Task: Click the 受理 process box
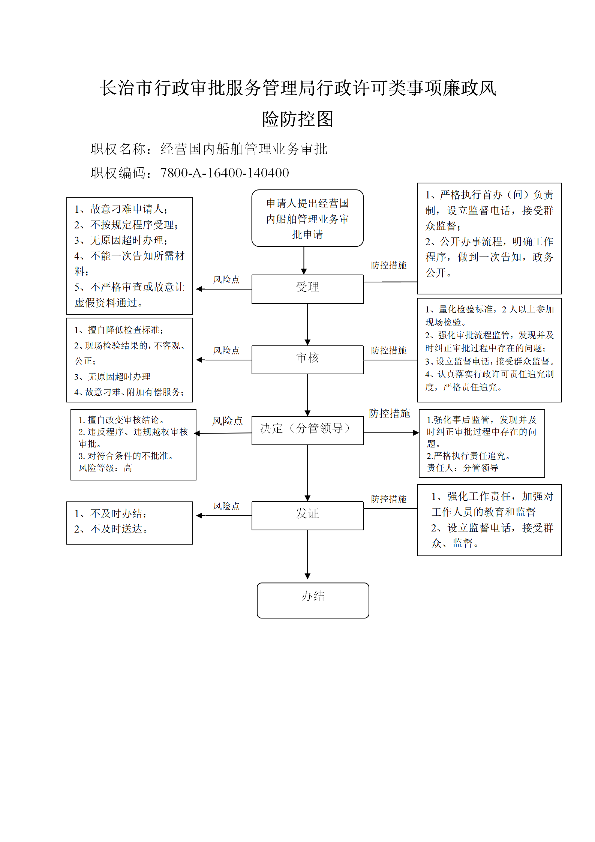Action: (x=307, y=289)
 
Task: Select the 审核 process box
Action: (x=307, y=360)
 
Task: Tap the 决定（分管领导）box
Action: (x=307, y=431)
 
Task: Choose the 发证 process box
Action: (x=307, y=516)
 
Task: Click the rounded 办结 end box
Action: (x=313, y=600)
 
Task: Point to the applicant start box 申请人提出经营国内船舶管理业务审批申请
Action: (x=307, y=218)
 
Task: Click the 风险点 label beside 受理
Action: (x=226, y=279)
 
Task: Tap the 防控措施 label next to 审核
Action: (x=389, y=350)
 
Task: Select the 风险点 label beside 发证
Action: (x=226, y=506)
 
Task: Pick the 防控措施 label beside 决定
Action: (x=390, y=413)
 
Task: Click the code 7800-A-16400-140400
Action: (x=225, y=173)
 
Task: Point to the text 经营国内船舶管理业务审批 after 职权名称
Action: (x=244, y=149)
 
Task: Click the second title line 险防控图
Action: (x=298, y=119)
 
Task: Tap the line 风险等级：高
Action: (x=105, y=468)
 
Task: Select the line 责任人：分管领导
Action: (x=463, y=468)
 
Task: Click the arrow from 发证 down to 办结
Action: (x=307, y=555)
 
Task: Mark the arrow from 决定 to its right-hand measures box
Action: (x=391, y=433)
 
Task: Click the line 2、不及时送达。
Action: (x=111, y=529)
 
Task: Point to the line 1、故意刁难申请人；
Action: (x=121, y=209)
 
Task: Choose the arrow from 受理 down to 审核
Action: (x=307, y=324)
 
